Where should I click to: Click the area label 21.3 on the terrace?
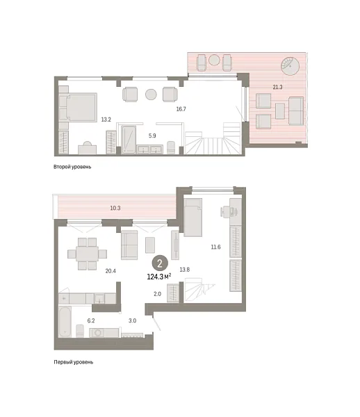tap(277, 87)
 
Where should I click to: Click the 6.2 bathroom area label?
tap(90, 321)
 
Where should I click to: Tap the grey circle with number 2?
tap(161, 263)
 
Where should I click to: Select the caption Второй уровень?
tap(72, 167)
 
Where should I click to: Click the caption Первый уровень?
tap(73, 362)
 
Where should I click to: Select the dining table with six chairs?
tap(88, 253)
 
